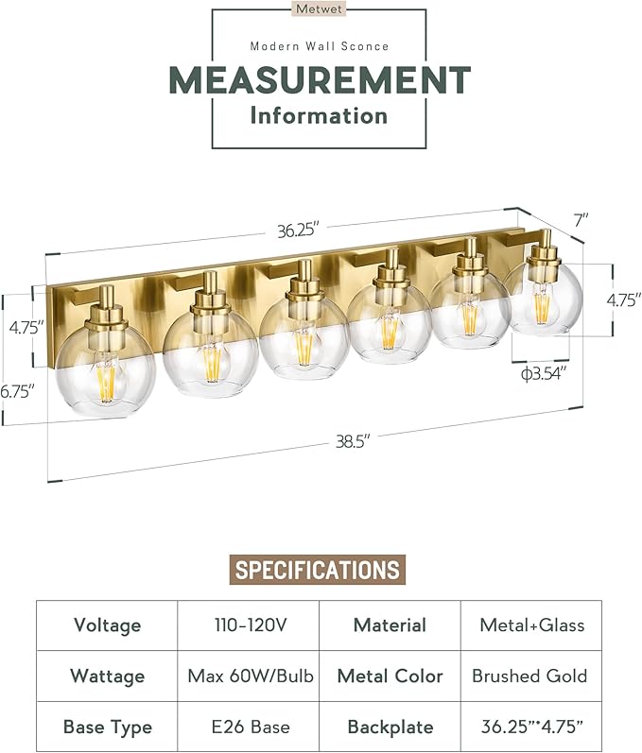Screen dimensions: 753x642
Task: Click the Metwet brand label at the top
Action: coord(320,9)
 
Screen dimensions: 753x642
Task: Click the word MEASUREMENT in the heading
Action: coord(320,79)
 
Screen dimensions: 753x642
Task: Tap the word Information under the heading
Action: coord(320,116)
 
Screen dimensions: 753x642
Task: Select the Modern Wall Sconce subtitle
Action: coord(320,45)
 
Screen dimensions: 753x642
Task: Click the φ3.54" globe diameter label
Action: coord(546,374)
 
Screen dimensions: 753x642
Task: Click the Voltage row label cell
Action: coord(107,625)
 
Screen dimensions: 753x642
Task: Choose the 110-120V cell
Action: coord(248,625)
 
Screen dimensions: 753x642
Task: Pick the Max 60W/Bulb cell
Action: coord(248,676)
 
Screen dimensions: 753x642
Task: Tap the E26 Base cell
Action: coord(248,727)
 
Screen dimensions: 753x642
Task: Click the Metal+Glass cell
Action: coord(530,625)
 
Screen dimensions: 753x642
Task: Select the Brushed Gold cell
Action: coord(530,676)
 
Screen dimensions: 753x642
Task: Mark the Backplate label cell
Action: coord(390,727)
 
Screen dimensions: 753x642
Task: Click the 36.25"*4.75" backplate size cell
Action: coord(530,727)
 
